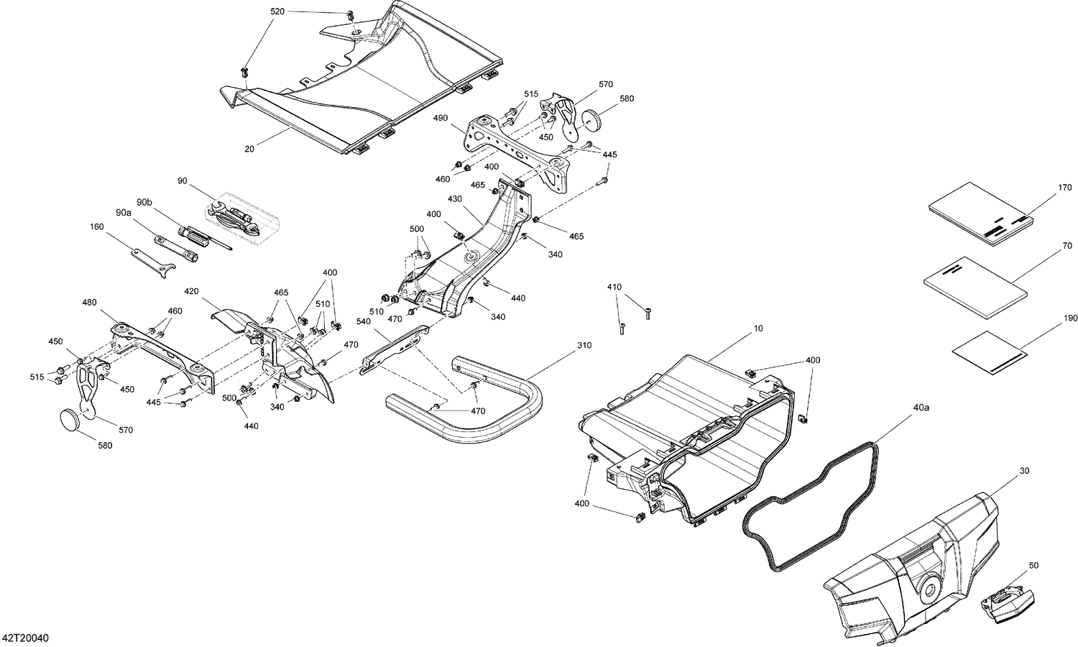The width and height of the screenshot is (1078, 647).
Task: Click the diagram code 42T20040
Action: tap(25, 638)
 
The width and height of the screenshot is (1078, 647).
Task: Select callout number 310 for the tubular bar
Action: tap(584, 346)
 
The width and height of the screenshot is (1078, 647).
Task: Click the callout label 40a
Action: tap(921, 408)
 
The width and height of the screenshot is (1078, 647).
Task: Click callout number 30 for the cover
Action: tap(1023, 471)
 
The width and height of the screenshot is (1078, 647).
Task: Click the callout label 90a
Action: tap(124, 213)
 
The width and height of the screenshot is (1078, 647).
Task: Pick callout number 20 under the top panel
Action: tap(249, 150)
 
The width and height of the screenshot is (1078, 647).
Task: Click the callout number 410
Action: tap(614, 287)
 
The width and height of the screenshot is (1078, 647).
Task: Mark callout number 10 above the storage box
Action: tap(757, 329)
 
